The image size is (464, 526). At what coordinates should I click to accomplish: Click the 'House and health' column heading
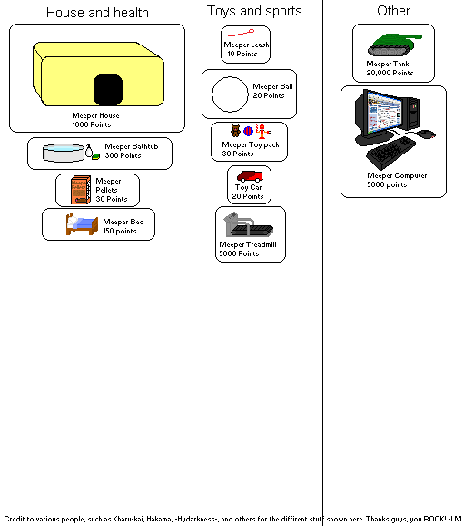tap(97, 13)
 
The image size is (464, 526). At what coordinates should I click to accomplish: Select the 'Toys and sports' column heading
tap(254, 11)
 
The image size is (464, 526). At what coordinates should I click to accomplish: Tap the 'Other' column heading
tap(393, 11)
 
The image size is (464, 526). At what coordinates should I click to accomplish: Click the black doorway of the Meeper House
tap(108, 88)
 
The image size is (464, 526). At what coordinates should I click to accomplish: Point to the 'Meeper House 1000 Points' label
tap(95, 120)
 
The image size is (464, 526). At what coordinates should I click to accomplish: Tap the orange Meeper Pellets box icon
tap(75, 190)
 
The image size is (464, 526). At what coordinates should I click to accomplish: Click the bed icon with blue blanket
tap(81, 223)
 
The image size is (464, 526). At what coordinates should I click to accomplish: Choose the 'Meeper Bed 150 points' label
tap(121, 226)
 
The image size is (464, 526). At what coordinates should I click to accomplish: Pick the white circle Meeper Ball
tap(230, 94)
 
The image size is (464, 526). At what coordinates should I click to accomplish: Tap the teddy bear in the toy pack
tap(235, 131)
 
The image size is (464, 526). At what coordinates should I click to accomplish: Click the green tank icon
tap(392, 42)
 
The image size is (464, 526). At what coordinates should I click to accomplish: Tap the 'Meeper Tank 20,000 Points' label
tap(393, 68)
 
